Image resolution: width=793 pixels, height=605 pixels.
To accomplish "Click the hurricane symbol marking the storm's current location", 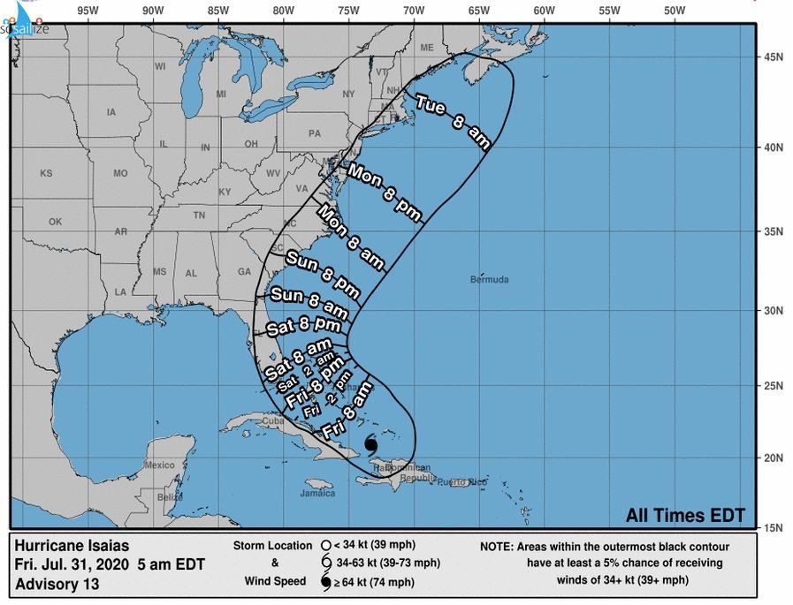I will click(x=371, y=444).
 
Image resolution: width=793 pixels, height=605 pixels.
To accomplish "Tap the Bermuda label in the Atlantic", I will click(x=490, y=280).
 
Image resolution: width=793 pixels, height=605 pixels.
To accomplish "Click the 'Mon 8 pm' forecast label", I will click(x=385, y=192).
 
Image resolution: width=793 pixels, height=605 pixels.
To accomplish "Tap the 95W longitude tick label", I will click(x=87, y=11).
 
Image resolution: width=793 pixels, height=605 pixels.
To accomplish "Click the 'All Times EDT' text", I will click(x=685, y=516).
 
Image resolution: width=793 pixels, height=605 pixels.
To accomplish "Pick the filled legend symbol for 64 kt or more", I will click(x=326, y=582).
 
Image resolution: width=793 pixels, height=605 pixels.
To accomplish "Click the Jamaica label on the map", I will click(x=317, y=493).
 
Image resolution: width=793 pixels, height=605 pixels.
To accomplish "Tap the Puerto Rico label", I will click(x=469, y=481).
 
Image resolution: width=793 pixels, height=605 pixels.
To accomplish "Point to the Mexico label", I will click(x=160, y=465).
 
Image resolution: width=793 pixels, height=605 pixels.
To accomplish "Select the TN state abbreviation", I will click(x=199, y=215).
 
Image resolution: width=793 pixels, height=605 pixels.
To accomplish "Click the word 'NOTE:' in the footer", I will click(x=505, y=546).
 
